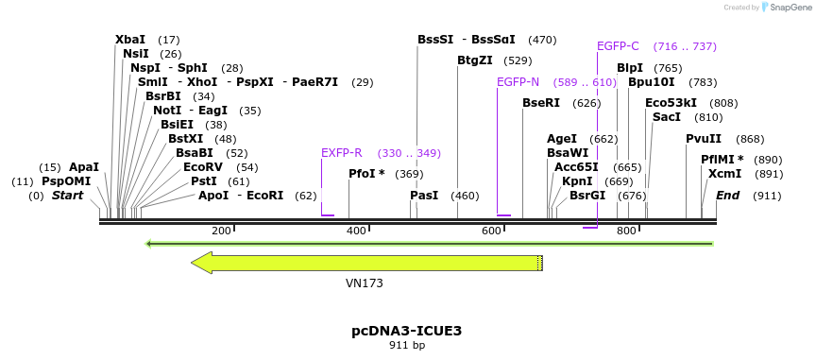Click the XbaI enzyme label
coord(130,40)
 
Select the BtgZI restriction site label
coord(475,60)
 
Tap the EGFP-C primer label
coord(618,46)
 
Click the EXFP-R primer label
coord(342,153)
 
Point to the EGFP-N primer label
coord(518,82)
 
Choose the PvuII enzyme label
coord(704,139)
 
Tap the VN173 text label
coord(365,283)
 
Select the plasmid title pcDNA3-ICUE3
coord(407,331)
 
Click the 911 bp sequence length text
coord(407,346)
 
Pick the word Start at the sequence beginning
coord(67,196)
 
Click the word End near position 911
coord(727,196)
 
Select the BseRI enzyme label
coord(542,103)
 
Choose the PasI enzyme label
coord(424,196)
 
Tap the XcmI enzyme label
coord(724,174)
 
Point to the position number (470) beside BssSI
coord(542,41)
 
